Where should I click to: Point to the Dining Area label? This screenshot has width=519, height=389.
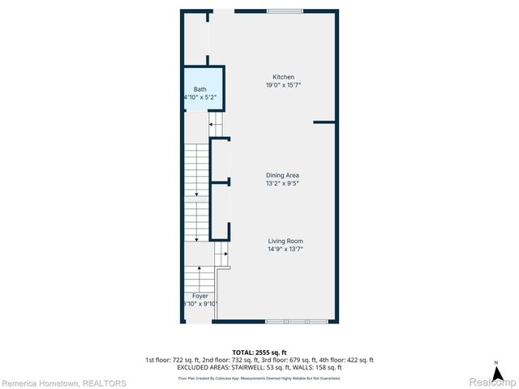pyautogui.click(x=283, y=175)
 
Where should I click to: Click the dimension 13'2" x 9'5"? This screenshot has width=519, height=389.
pyautogui.click(x=283, y=183)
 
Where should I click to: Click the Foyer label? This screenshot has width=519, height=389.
pyautogui.click(x=199, y=296)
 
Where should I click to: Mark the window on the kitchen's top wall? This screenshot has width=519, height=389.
pyautogui.click(x=280, y=11)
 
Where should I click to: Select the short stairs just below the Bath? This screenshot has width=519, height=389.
pyautogui.click(x=216, y=123)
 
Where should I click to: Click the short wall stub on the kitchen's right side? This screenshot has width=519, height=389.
pyautogui.click(x=324, y=122)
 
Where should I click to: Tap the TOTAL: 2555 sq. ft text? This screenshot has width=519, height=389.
pyautogui.click(x=259, y=353)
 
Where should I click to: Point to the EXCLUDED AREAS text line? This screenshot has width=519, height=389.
pyautogui.click(x=259, y=368)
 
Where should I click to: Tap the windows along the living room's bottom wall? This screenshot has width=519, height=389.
pyautogui.click(x=296, y=322)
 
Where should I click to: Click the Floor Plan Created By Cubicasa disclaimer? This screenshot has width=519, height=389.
pyautogui.click(x=259, y=378)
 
